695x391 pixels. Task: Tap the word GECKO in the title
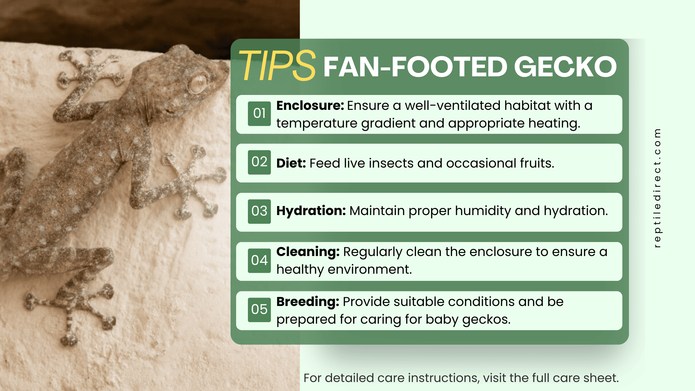565,67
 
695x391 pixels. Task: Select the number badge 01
259,114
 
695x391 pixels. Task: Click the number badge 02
259,162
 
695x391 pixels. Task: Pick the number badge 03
259,211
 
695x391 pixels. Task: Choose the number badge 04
259,260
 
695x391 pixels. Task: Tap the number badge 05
259,309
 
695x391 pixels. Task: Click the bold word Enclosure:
310,106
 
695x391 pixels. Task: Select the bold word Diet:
291,163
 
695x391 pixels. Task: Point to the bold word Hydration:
311,211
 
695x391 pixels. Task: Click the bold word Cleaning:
308,252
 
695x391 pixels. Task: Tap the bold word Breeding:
307,302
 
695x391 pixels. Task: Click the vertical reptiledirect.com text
657,188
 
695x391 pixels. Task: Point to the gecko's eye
198,83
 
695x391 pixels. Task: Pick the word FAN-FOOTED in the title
415,67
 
